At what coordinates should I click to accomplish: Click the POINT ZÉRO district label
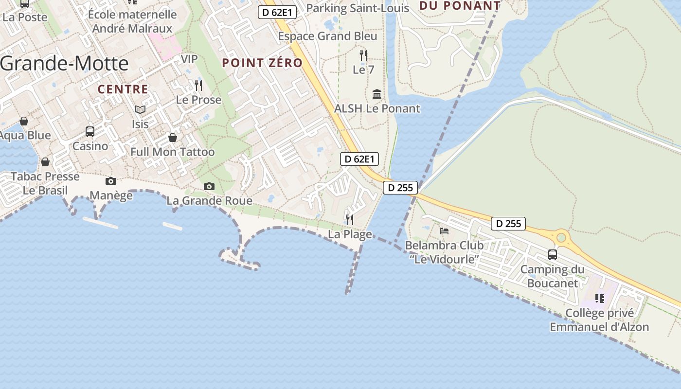pos(262,63)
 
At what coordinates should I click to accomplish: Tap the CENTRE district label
pos(123,89)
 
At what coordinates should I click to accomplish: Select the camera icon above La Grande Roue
pos(209,186)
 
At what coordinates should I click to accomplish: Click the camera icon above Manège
pos(111,181)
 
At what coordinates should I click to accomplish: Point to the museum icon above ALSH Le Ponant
pos(377,94)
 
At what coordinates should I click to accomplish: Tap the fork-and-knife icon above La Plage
pos(350,219)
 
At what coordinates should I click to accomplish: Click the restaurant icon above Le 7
pos(363,55)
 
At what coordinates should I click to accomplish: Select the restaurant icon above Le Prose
pos(198,86)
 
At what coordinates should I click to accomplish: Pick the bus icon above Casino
pos(90,131)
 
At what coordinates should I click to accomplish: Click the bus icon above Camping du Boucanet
pos(553,254)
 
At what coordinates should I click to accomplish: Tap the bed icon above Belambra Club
pos(444,230)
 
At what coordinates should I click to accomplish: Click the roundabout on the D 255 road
pos(562,238)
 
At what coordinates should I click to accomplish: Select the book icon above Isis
pos(140,110)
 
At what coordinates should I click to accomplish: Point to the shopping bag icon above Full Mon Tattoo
pos(173,138)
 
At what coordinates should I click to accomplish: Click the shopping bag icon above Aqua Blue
pos(24,121)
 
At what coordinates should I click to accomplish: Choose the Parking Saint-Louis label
pos(358,8)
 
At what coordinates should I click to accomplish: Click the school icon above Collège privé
pos(600,298)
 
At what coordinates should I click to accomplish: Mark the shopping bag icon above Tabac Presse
pos(45,161)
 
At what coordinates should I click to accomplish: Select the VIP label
pos(189,59)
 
